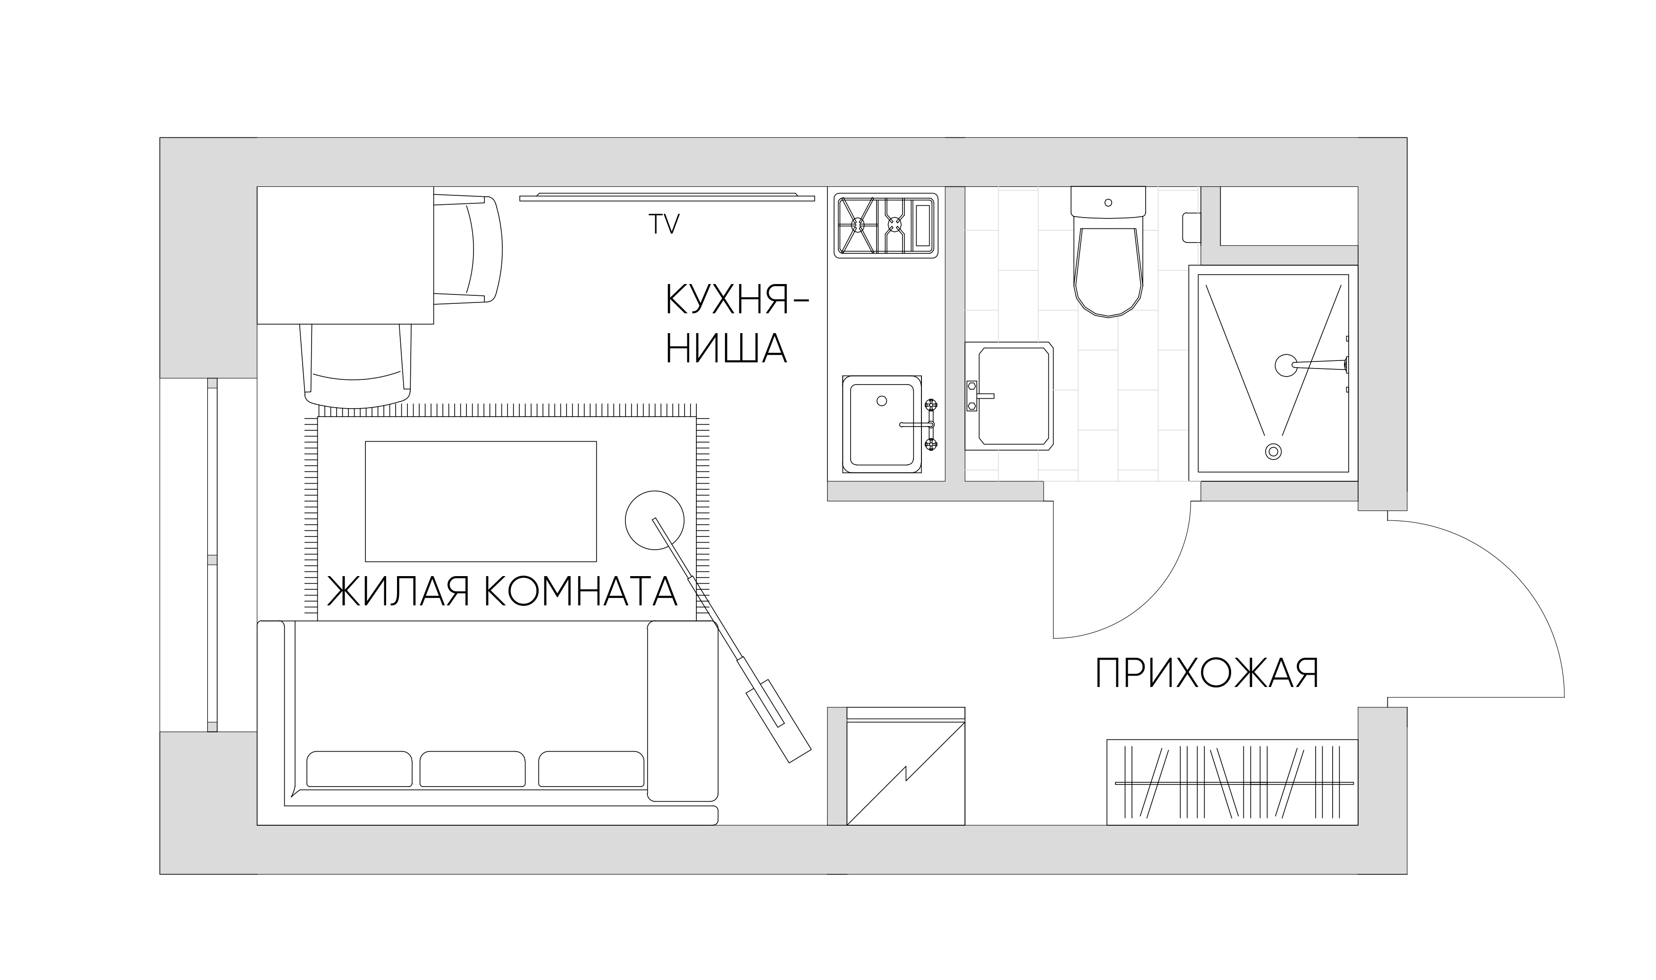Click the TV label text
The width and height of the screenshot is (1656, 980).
[x=663, y=225]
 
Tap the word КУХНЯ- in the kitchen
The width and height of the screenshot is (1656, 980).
[x=736, y=301]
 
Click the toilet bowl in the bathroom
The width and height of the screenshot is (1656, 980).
[x=1108, y=271]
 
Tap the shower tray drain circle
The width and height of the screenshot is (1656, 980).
[x=1273, y=452]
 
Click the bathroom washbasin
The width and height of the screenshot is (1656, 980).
[x=1013, y=396]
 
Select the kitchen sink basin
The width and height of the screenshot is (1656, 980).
[x=881, y=424]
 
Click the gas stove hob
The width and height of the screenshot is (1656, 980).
[x=885, y=225]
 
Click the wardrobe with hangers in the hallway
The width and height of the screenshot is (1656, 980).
[x=1232, y=783]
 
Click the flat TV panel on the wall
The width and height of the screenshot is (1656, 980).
[x=667, y=197]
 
